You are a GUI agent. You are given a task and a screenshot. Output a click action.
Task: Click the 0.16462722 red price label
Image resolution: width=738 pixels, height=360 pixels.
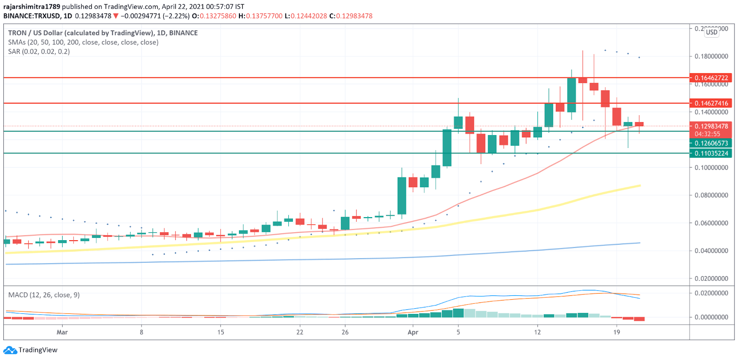coord(711,78)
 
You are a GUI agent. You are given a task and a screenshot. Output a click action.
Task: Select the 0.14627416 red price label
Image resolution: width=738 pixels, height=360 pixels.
coord(711,103)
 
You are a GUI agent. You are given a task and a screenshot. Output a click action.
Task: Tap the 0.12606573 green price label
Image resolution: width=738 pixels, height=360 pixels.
coord(711,143)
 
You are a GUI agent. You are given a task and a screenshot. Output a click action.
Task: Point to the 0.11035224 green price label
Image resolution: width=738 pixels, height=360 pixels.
coord(711,153)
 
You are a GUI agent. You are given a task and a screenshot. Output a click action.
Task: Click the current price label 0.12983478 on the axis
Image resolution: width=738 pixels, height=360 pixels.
coord(711,126)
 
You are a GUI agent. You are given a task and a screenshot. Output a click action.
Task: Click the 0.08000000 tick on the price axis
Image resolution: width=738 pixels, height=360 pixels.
coord(711,195)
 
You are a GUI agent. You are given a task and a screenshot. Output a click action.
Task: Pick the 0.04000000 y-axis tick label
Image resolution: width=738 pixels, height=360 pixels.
coord(711,251)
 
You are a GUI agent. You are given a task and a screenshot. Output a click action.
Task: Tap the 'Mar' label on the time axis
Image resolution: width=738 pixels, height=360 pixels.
coord(62,332)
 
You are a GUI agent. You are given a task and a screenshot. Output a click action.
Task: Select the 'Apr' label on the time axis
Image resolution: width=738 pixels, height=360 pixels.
coord(413,332)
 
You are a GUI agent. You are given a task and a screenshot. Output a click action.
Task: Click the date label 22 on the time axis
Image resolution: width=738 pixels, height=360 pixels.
coord(300,332)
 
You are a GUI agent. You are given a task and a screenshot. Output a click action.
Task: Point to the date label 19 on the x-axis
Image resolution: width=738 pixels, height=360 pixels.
coord(617,332)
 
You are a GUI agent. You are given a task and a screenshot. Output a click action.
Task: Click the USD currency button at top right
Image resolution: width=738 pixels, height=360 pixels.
coord(712,32)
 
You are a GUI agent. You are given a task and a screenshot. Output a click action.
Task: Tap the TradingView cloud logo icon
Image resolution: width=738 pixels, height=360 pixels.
coord(10,350)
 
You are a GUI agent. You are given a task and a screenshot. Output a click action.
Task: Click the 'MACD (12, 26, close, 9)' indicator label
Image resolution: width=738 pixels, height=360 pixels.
coord(44,295)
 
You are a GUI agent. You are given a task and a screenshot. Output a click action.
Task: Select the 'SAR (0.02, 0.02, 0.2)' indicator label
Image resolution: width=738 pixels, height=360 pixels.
coord(39,52)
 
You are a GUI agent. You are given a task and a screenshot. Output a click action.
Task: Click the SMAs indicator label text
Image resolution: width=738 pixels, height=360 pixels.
coord(83,42)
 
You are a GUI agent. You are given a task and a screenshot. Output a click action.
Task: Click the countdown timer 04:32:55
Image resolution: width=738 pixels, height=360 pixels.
coord(707,134)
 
